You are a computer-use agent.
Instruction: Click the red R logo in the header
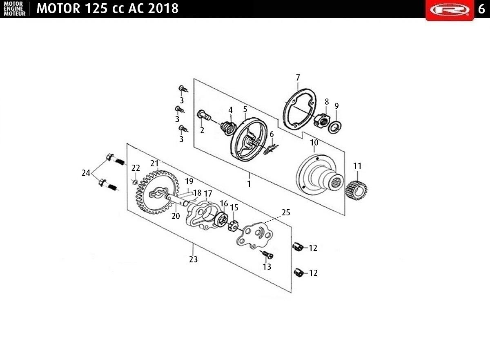(x=450, y=10)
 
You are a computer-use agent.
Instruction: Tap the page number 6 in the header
(x=481, y=9)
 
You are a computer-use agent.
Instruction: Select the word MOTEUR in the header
(x=15, y=13)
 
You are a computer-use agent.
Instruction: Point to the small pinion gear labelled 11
(x=356, y=190)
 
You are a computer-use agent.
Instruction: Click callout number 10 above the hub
(x=314, y=143)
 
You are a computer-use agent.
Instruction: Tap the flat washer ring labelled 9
(x=335, y=128)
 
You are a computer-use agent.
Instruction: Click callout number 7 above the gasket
(x=298, y=78)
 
